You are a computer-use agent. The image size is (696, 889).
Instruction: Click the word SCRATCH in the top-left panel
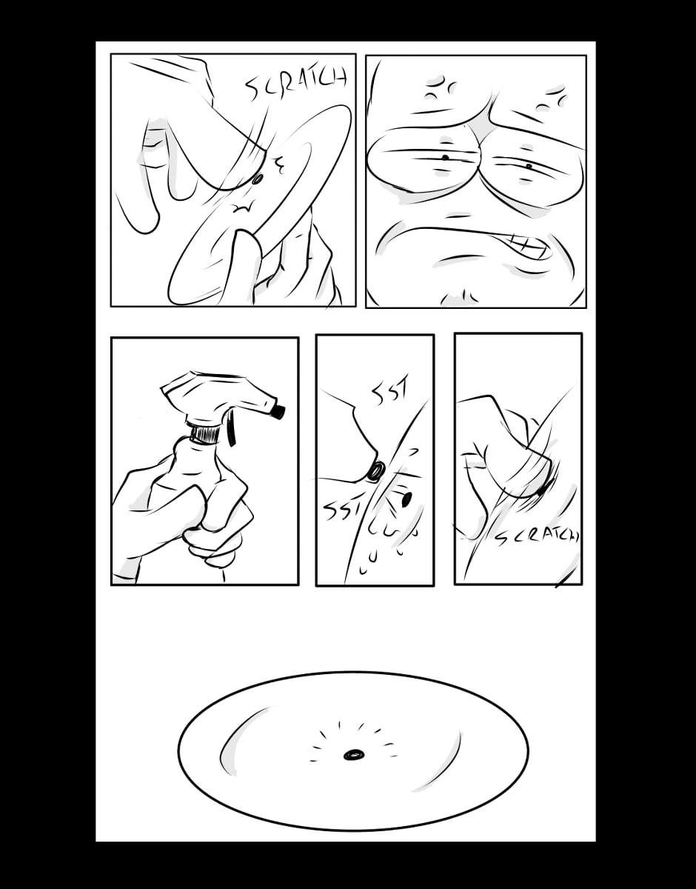pos(296,85)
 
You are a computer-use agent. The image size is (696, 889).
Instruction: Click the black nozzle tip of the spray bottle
pos(279,411)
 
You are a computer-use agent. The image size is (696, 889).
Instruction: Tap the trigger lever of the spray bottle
pos(231,428)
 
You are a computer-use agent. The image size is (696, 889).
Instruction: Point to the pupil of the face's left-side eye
pos(446,157)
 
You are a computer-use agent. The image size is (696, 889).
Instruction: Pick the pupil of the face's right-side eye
pos(529,166)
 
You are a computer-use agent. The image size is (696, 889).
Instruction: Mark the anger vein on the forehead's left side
pos(440,90)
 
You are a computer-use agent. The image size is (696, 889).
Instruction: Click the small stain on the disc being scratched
pos(258,179)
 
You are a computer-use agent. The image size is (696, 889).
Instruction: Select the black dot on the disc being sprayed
pos(407,499)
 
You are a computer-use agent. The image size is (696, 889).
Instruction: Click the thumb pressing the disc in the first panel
pos(244,265)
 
